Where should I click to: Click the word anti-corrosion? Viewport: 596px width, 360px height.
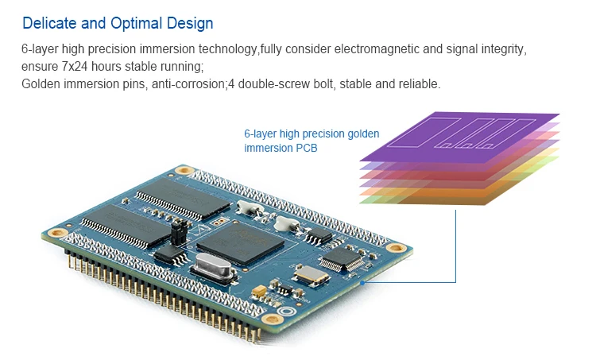click(x=189, y=84)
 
